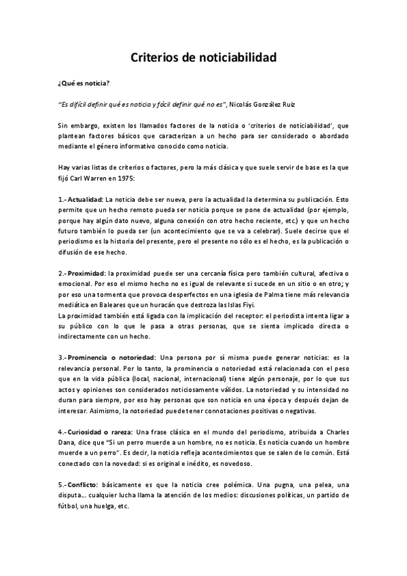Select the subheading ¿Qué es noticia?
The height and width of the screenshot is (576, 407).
pyautogui.click(x=84, y=84)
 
